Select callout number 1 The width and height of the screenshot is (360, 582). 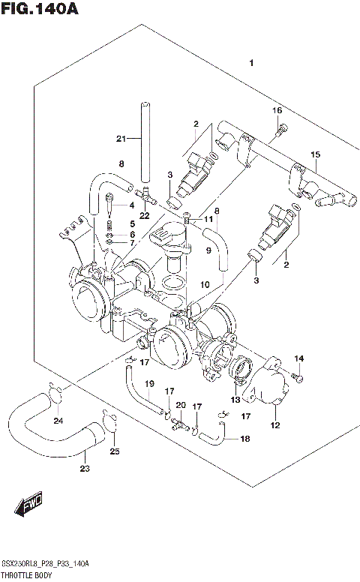point(253,63)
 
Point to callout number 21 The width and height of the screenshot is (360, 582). point(121,138)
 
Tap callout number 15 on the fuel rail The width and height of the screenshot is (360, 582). point(315,154)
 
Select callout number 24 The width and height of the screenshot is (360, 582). point(58,420)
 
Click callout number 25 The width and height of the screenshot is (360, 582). point(114,451)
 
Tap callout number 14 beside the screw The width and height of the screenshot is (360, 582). point(298,358)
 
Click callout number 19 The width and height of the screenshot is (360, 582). point(149,384)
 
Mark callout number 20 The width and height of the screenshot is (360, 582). point(180,405)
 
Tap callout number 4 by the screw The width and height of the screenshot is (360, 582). point(130,205)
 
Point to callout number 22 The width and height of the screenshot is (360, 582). point(145,216)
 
